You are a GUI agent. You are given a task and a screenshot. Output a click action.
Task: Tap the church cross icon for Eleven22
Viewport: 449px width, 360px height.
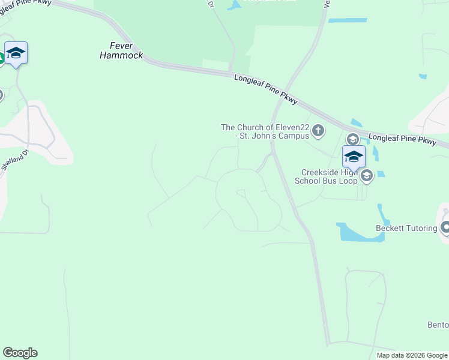tap(319, 130)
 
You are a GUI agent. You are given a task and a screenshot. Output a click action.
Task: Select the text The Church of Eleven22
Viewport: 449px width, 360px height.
tap(265, 127)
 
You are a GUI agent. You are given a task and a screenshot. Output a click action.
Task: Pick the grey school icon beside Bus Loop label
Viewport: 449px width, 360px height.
tap(366, 176)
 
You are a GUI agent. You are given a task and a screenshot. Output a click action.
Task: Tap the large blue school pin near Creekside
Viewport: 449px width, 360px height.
tap(354, 157)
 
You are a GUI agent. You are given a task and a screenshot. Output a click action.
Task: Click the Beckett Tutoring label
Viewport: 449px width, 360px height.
tap(406, 228)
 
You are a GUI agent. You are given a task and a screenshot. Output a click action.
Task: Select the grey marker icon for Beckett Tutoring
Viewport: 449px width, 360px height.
tap(445, 227)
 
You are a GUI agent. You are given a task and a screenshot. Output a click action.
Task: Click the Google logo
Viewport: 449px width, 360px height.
tap(20, 353)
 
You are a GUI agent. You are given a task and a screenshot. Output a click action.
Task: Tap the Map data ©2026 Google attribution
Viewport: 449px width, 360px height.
tap(412, 355)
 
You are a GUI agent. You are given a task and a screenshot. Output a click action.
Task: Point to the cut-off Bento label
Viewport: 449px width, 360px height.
tap(438, 325)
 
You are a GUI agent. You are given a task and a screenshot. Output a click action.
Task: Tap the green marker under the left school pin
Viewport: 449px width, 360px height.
tap(2, 58)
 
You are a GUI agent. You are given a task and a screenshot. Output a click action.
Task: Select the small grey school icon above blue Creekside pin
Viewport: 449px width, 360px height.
tap(353, 139)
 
